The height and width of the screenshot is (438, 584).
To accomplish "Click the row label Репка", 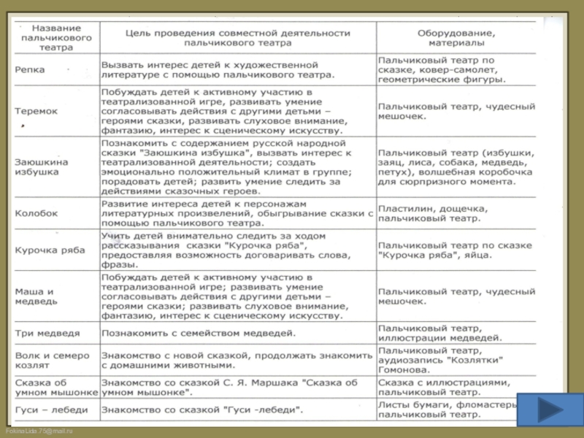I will click(x=30, y=70).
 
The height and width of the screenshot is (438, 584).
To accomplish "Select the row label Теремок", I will click(x=36, y=111).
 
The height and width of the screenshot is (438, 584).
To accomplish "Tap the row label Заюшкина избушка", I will click(x=42, y=166).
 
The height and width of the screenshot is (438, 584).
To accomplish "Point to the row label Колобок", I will click(x=36, y=213).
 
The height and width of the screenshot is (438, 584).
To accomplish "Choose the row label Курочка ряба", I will click(x=45, y=250).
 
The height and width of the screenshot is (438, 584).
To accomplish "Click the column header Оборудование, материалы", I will click(x=456, y=38).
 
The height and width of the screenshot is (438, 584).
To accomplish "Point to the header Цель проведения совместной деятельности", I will click(x=237, y=38).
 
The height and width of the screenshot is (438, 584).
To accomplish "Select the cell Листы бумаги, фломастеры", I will click(x=445, y=410).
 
